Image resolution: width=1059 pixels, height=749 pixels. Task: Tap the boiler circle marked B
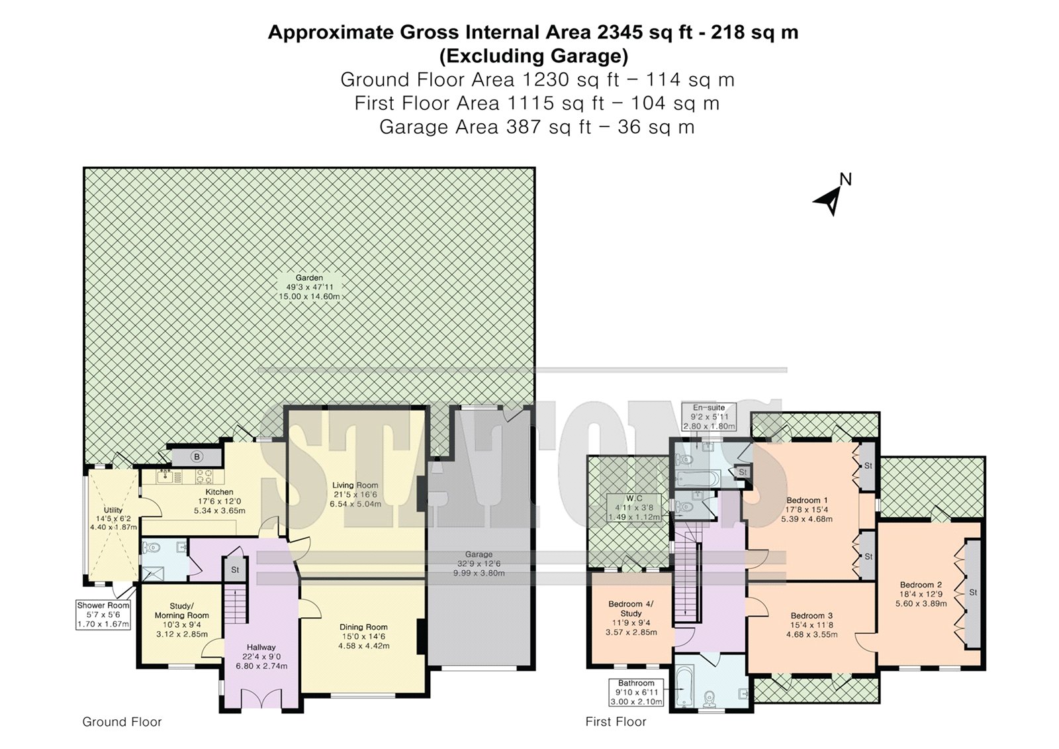[197, 456]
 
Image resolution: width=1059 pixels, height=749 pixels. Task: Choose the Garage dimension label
[479, 564]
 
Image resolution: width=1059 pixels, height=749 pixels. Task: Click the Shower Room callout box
[103, 615]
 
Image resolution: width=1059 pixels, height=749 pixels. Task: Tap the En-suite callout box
[709, 417]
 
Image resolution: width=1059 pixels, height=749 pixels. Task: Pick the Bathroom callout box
[636, 692]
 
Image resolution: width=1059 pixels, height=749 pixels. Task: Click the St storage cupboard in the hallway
[235, 570]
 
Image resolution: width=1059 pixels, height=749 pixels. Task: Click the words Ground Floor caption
[122, 722]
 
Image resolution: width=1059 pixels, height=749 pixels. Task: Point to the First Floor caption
[616, 722]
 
